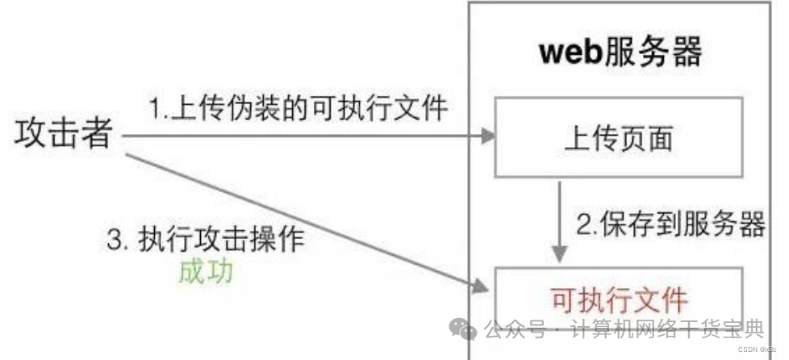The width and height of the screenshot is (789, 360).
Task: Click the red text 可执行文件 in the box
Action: click(619, 299)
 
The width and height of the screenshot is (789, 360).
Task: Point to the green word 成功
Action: click(207, 271)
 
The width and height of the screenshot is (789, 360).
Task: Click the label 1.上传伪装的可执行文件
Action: click(297, 107)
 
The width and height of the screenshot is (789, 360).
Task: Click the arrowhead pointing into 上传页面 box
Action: click(486, 136)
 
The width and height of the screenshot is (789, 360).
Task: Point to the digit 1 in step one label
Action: click(153, 107)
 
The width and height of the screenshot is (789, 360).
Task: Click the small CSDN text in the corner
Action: click(749, 350)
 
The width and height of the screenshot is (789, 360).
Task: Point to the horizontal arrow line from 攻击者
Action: click(307, 136)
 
